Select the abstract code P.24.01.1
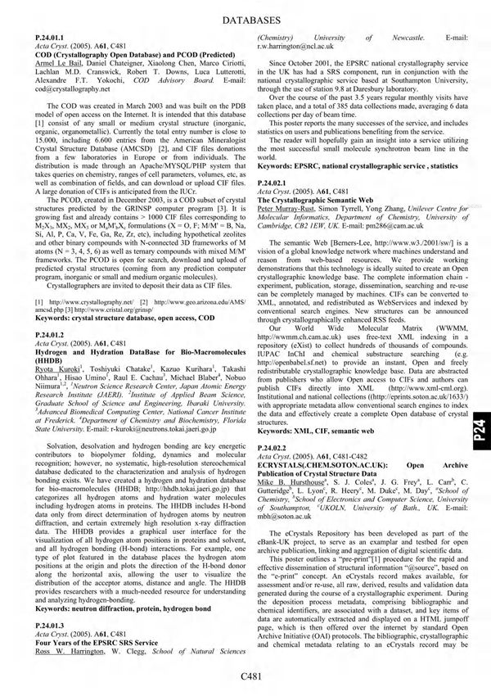pos(45,38)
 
